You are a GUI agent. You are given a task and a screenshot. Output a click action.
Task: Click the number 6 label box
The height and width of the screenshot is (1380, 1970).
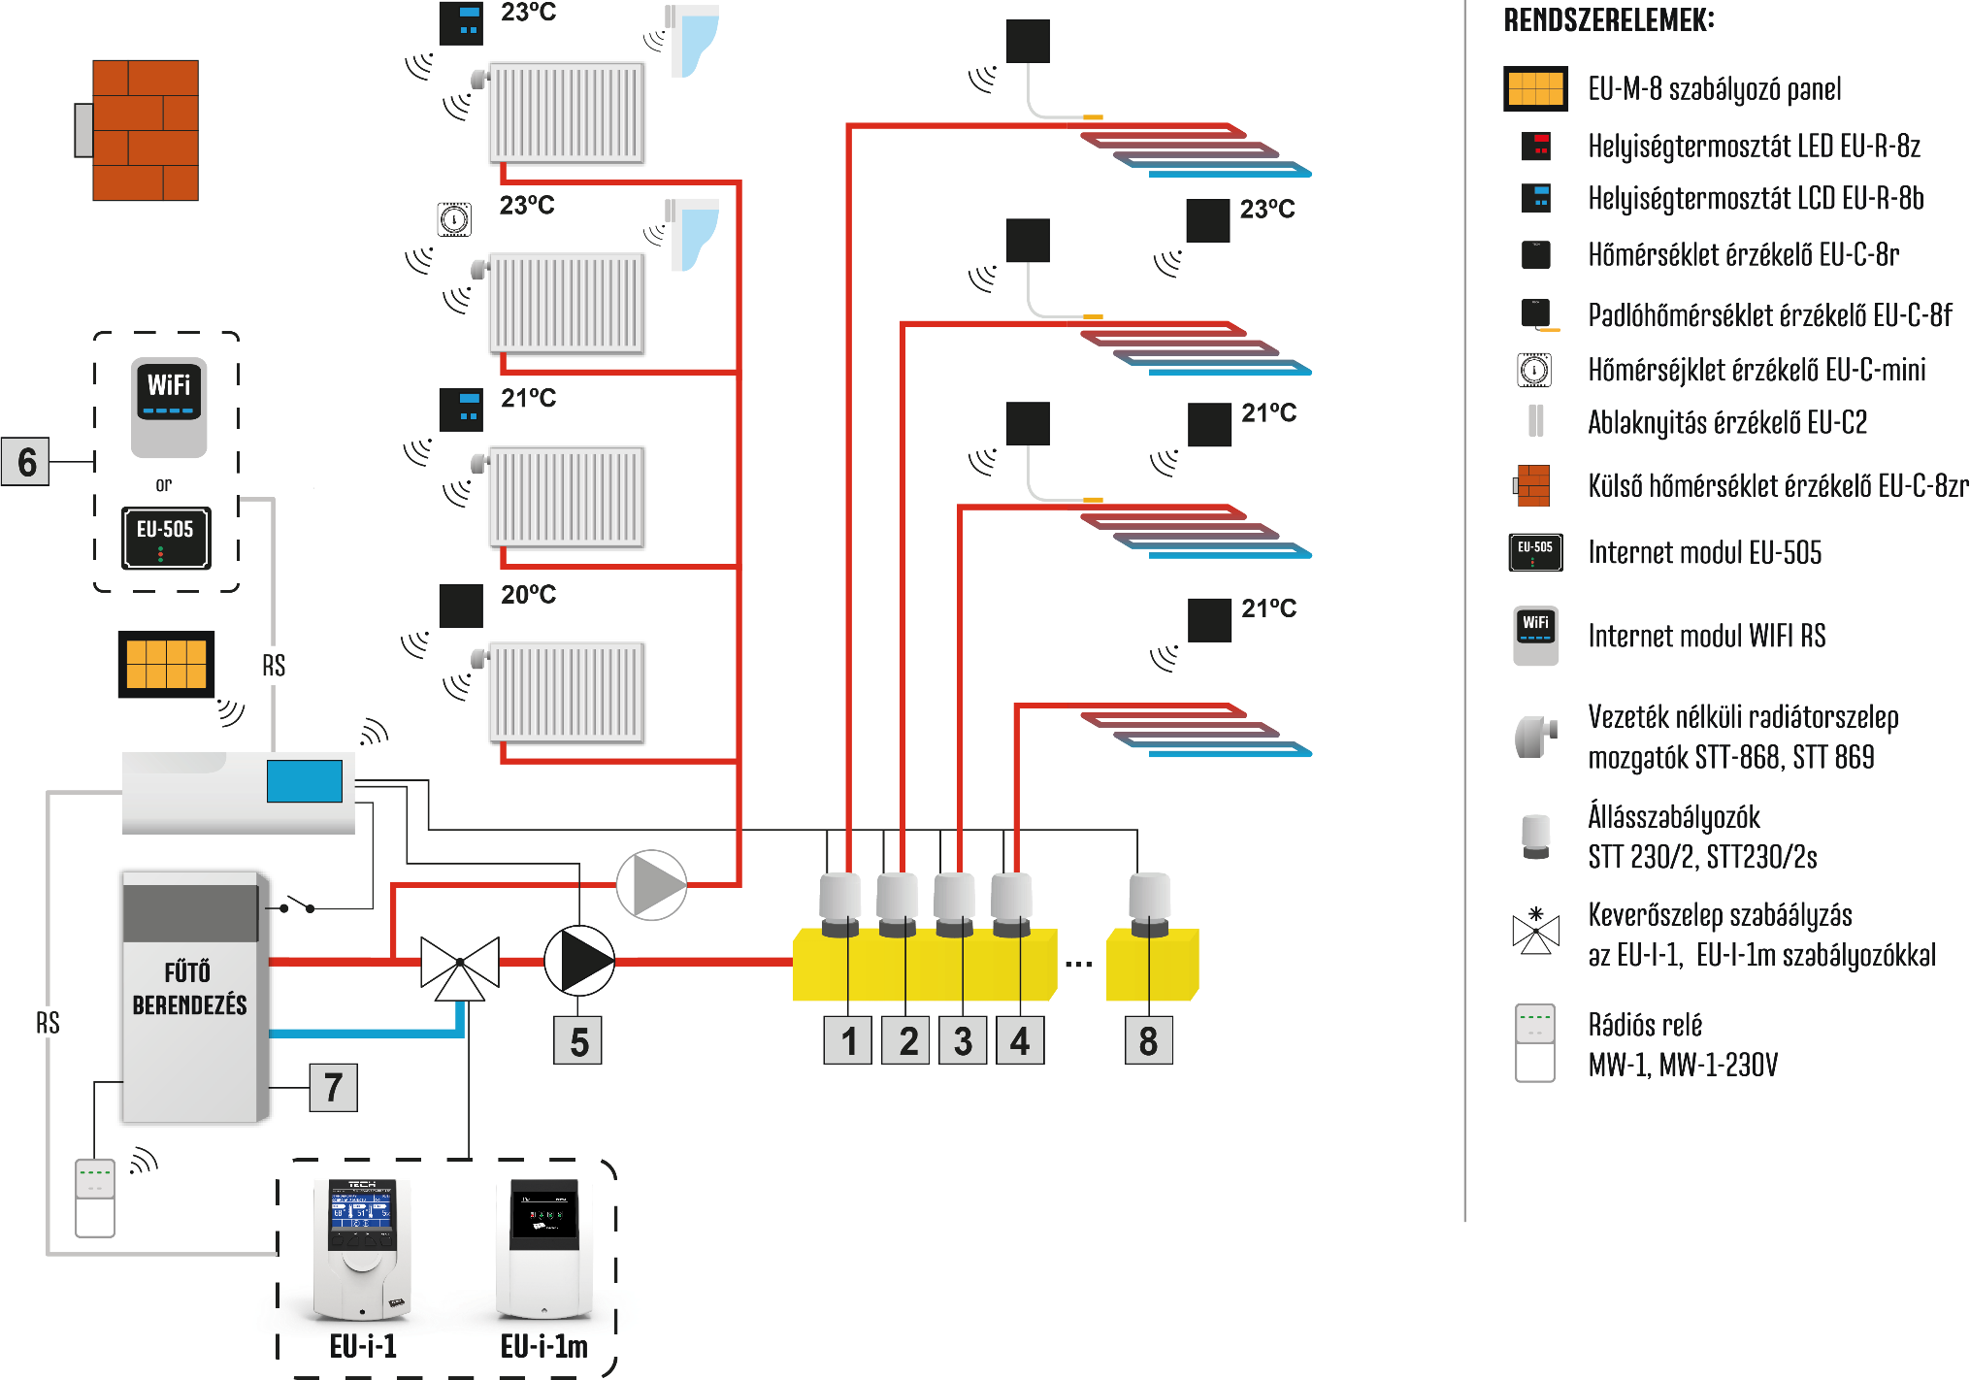pyautogui.click(x=26, y=462)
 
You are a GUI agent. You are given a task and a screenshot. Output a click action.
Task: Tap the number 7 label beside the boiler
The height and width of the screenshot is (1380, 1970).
pyautogui.click(x=333, y=1088)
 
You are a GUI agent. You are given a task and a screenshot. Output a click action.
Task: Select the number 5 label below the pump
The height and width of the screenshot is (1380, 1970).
pyautogui.click(x=578, y=1042)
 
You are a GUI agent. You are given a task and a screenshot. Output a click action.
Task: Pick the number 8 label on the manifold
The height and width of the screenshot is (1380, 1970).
pyautogui.click(x=1148, y=1041)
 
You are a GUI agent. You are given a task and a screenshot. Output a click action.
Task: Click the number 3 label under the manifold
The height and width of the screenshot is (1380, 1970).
pyautogui.click(x=963, y=1041)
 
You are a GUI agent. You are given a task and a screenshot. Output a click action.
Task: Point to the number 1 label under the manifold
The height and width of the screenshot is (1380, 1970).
pyautogui.click(x=848, y=1041)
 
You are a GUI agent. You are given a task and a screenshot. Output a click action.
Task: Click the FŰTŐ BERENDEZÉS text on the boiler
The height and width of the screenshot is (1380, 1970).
pyautogui.click(x=189, y=988)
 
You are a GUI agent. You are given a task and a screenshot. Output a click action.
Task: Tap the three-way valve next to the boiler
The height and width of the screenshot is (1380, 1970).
pyautogui.click(x=459, y=967)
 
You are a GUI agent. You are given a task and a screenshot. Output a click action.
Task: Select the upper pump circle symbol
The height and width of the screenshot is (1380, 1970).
pyautogui.click(x=651, y=885)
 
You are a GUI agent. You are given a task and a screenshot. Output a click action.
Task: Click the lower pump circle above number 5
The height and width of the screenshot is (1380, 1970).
pyautogui.click(x=579, y=961)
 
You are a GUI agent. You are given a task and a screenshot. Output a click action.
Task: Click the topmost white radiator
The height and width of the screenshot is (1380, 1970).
pyautogui.click(x=566, y=113)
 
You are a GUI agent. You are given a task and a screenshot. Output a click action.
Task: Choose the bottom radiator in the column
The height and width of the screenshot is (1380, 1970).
pyautogui.click(x=566, y=693)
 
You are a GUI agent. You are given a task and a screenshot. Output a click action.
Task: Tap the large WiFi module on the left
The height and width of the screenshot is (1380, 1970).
pyautogui.click(x=169, y=392)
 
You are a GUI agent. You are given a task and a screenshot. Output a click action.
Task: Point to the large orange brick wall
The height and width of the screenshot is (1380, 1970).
pyautogui.click(x=146, y=130)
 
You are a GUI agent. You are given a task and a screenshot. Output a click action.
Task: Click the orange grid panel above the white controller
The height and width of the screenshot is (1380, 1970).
pyautogui.click(x=166, y=664)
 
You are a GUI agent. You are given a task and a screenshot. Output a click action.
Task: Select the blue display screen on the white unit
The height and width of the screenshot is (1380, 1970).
pyautogui.click(x=305, y=781)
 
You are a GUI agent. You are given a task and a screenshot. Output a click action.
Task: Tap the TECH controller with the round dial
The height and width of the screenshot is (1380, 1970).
pyautogui.click(x=361, y=1248)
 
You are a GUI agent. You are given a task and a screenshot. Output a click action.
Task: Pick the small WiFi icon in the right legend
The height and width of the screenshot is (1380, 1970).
pyautogui.click(x=1535, y=625)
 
